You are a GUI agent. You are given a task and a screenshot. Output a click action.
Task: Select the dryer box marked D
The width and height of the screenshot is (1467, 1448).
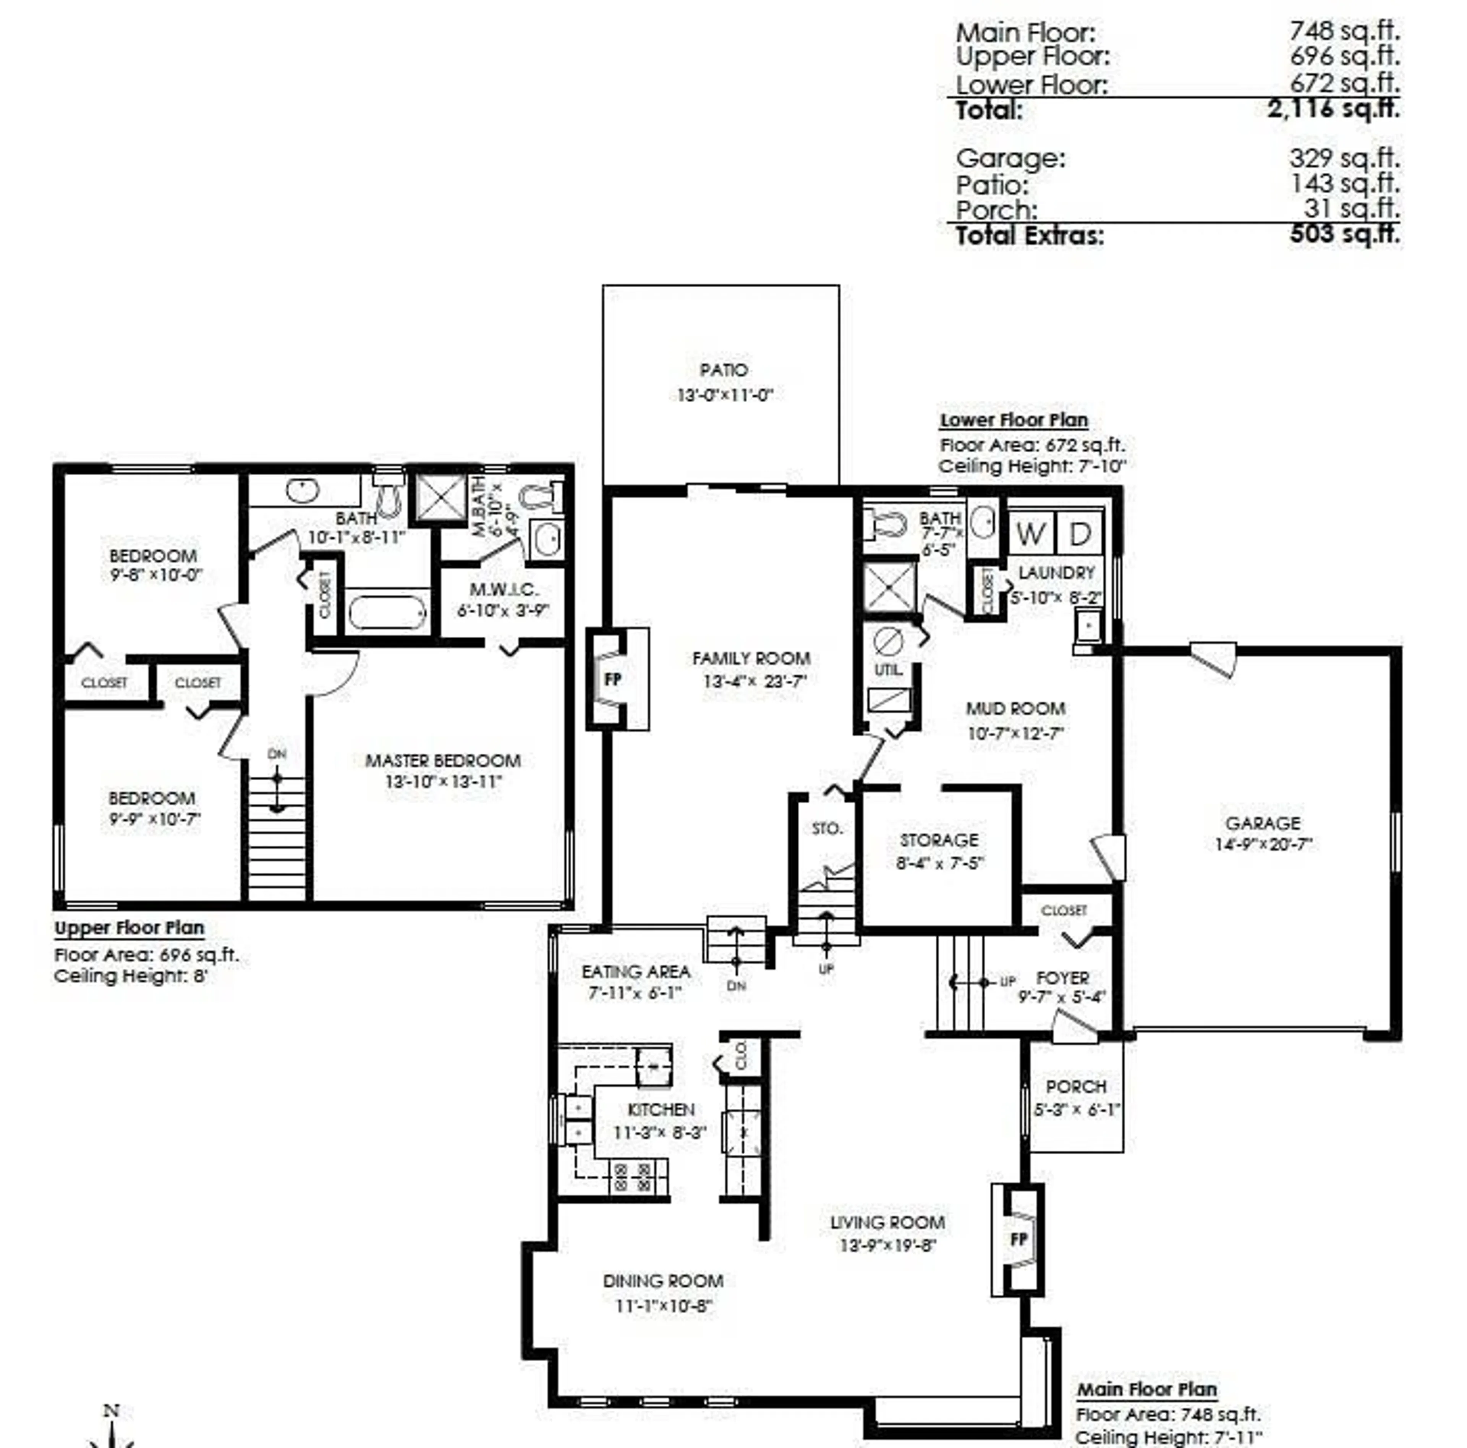click(x=1080, y=534)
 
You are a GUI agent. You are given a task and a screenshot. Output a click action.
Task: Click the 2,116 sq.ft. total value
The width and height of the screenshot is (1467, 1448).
click(x=1333, y=108)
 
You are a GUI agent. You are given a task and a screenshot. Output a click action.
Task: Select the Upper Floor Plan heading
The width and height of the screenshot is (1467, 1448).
click(x=129, y=928)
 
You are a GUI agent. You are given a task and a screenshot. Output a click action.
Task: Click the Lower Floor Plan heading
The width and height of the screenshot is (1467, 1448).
click(x=1014, y=420)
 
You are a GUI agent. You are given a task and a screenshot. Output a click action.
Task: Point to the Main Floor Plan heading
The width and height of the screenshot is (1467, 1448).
click(x=1146, y=1390)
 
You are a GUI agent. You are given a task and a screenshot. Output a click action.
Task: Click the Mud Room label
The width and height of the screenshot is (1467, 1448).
click(x=1015, y=709)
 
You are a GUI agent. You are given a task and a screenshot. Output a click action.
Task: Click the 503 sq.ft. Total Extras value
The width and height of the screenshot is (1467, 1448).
click(x=1344, y=234)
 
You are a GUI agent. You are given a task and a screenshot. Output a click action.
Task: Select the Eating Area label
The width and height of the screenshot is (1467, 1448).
click(x=636, y=971)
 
